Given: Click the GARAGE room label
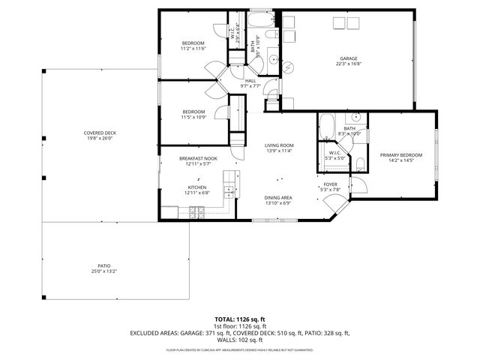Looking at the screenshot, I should (348, 58).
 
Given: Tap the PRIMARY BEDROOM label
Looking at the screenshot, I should (400, 155).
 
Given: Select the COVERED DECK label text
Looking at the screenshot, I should (99, 133).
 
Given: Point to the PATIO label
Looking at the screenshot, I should (103, 265).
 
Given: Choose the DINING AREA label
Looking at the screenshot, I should (278, 198).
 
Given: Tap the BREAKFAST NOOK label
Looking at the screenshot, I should (198, 158).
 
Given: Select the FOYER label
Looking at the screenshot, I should (331, 184).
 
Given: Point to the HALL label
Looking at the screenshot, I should (250, 80).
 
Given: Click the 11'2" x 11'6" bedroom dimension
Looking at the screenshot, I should (193, 49).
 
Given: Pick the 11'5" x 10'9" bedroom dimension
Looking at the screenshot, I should (193, 117).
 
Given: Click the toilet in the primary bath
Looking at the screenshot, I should (359, 163).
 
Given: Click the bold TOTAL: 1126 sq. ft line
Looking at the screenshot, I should (240, 319).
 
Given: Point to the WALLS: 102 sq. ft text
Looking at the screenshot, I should (240, 340).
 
